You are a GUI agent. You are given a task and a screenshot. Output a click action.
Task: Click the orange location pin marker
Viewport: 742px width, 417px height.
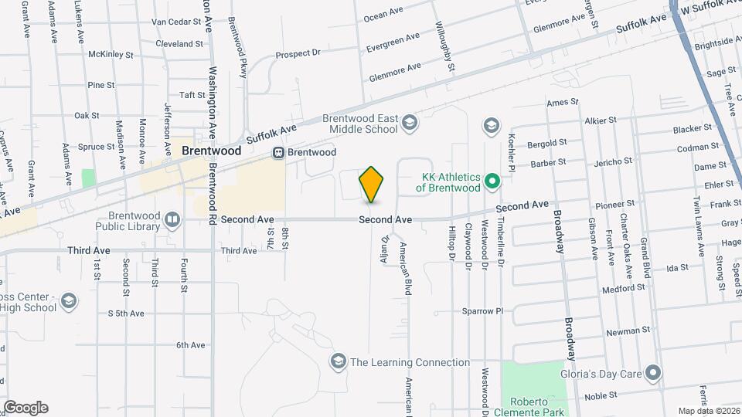(x=371, y=184)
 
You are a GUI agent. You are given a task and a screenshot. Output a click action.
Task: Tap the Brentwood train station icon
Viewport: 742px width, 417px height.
(x=278, y=153)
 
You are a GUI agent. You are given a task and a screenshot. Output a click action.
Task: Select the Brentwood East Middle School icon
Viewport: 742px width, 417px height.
(x=409, y=122)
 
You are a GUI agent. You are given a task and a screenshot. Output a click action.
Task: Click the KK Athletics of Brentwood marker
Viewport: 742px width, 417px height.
(x=491, y=183)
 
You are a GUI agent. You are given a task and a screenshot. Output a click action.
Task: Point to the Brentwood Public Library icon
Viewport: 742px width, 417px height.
(x=172, y=220)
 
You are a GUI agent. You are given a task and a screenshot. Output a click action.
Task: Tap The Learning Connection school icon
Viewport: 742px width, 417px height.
(x=337, y=361)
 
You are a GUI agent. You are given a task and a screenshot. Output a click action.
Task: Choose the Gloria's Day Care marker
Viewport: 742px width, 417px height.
(x=653, y=375)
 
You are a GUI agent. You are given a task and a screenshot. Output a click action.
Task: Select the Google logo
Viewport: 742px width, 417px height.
(x=26, y=408)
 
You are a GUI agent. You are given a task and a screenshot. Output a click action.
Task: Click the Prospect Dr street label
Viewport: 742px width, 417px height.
(x=298, y=53)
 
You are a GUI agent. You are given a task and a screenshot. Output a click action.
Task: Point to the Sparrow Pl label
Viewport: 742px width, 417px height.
(x=482, y=311)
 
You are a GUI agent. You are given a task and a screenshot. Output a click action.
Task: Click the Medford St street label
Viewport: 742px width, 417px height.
(x=625, y=288)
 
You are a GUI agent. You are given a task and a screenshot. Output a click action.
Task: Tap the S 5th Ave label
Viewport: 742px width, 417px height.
(x=126, y=314)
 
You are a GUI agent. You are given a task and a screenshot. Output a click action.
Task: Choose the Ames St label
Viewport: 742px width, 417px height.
(x=562, y=102)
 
